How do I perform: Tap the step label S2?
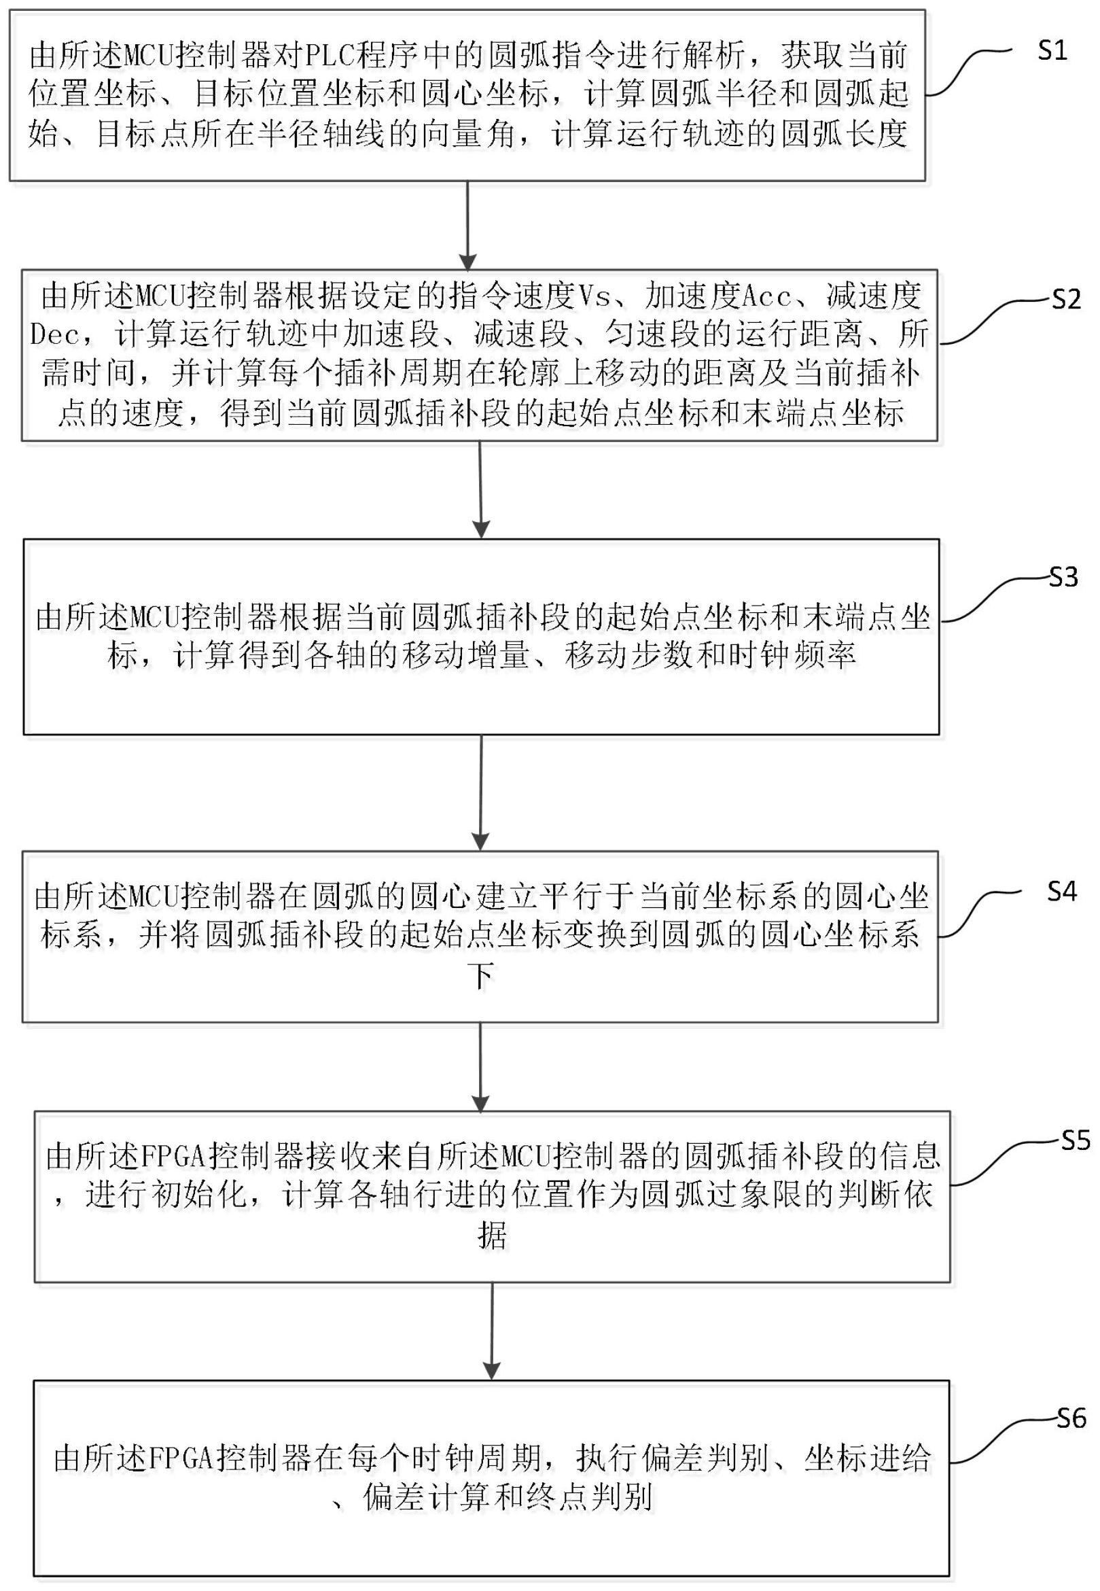(x=1065, y=299)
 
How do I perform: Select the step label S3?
(x=1063, y=577)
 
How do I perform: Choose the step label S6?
(x=1071, y=1418)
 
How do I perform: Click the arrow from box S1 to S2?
(x=468, y=226)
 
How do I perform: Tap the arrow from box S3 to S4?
(x=480, y=792)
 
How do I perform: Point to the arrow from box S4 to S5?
(x=480, y=1067)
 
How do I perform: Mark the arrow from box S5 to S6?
(x=491, y=1331)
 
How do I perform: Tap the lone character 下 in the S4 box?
(x=480, y=977)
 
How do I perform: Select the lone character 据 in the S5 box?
(x=491, y=1236)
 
